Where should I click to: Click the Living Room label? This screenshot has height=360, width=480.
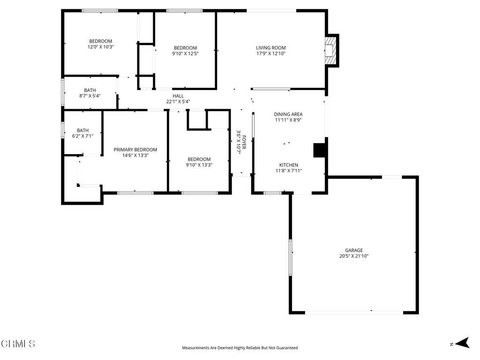tap(271, 48)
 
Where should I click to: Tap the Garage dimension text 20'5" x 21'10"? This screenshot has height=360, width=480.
tap(354, 256)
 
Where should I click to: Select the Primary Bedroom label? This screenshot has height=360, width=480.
tap(135, 150)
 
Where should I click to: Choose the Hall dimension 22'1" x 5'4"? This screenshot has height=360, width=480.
tap(178, 102)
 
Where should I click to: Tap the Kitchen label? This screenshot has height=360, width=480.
tap(289, 165)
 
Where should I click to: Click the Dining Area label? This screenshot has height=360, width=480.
tap(288, 114)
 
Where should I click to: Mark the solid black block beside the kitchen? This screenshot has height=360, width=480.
tap(319, 150)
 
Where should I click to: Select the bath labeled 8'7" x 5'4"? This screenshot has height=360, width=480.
tap(90, 93)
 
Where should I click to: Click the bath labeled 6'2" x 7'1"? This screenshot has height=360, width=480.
tap(82, 133)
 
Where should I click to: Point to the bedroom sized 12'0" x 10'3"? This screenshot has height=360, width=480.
tap(101, 44)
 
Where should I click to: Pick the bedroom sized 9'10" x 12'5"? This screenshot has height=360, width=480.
tap(185, 51)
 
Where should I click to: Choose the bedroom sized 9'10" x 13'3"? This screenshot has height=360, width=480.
tap(199, 162)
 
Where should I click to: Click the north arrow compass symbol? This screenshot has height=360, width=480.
tap(462, 343)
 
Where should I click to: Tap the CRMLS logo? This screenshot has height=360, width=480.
tap(18, 344)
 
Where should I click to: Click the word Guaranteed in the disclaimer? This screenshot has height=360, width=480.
tap(287, 348)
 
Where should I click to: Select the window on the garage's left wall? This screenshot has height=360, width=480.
tap(291, 258)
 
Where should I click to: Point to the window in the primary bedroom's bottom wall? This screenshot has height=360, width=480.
tap(135, 193)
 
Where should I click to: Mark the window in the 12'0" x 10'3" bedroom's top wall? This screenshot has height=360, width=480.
tap(100, 11)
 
